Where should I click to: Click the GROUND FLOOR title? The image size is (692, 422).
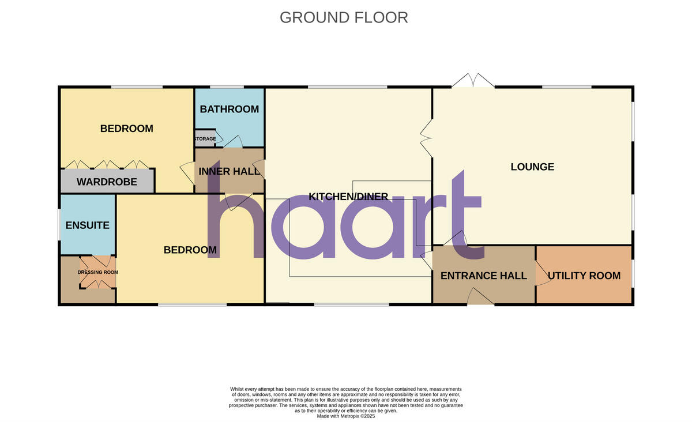[344, 17]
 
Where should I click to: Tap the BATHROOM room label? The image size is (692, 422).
[229, 109]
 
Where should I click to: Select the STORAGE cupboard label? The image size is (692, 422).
[205, 138]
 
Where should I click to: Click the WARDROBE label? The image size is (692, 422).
[107, 182]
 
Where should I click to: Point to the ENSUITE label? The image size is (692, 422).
[87, 225]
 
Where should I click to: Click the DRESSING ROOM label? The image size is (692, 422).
[97, 272]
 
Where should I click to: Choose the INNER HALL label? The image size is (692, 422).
[230, 171]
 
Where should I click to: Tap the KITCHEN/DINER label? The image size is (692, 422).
[348, 197]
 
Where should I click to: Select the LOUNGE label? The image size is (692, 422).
[532, 167]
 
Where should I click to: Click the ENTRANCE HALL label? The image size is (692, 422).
[483, 276]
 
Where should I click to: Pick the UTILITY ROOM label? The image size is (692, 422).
[584, 276]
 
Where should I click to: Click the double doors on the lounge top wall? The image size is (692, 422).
[473, 81]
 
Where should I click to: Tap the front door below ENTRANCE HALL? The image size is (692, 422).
[480, 297]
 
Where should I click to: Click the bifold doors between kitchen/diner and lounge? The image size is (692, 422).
[426, 136]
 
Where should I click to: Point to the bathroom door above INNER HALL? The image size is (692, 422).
[232, 142]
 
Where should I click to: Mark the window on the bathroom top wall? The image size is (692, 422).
[227, 88]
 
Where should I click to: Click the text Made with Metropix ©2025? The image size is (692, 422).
[346, 416]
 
